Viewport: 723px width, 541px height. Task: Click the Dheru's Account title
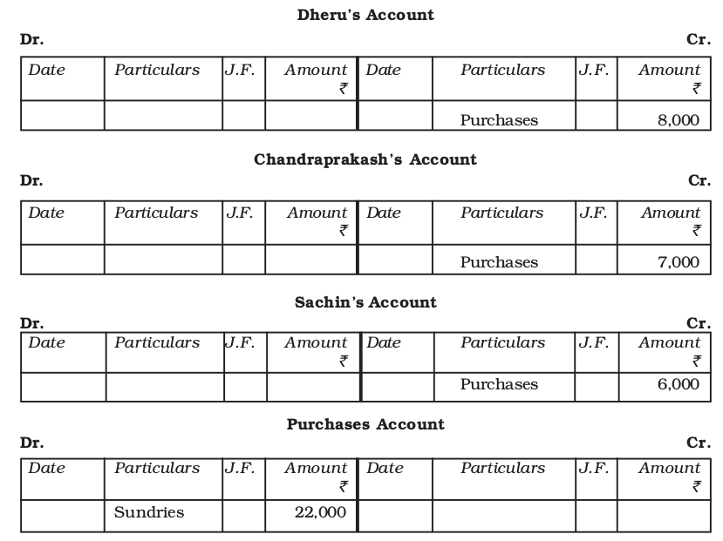tap(365, 15)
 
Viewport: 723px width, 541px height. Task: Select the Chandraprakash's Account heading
tap(365, 159)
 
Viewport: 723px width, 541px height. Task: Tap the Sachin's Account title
tap(365, 302)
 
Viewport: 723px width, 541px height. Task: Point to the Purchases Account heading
tap(365, 424)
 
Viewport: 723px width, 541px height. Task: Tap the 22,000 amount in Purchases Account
tap(320, 512)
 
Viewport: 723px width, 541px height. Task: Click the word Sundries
tap(149, 512)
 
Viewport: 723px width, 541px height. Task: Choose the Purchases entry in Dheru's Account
tap(499, 120)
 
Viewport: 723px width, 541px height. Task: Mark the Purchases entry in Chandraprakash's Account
tap(499, 262)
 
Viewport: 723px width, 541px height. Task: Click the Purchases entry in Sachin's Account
tap(499, 384)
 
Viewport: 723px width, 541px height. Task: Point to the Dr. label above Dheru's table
tap(31, 40)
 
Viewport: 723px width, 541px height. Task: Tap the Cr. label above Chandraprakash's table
tap(699, 181)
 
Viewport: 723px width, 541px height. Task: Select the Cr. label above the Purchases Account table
tap(699, 443)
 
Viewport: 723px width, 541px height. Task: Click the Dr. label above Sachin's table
tap(31, 323)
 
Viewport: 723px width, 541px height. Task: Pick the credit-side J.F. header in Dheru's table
tap(595, 70)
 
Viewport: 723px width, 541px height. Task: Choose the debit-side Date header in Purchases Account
tap(46, 468)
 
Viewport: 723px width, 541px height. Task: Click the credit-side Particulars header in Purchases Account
tap(502, 468)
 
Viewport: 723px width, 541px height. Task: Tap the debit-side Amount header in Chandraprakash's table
tap(317, 213)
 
